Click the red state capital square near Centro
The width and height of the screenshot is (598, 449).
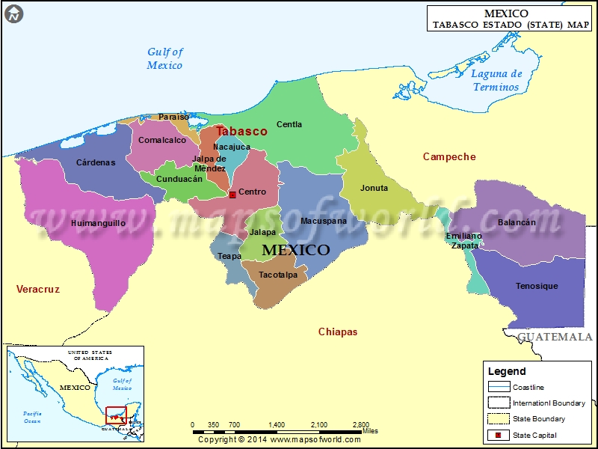[232, 195]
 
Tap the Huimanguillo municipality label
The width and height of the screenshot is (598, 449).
[98, 223]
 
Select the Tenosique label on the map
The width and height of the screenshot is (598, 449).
[537, 286]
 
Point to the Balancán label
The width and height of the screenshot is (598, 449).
[517, 222]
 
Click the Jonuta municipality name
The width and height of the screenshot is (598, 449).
[374, 188]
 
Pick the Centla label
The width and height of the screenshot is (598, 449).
[289, 124]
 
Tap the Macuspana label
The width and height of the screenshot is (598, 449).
[324, 221]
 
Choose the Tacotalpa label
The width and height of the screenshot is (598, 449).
[278, 275]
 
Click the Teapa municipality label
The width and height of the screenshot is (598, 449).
[229, 256]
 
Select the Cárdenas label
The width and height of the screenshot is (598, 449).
[96, 162]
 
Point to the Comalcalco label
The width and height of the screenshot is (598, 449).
[162, 140]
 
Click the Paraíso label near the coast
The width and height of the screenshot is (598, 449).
[174, 117]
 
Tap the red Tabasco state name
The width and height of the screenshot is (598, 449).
[241, 131]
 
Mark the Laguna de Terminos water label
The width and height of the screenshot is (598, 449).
[496, 80]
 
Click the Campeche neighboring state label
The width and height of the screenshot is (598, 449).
[449, 156]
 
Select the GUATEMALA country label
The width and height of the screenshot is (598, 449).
[555, 337]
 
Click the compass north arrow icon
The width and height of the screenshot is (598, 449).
[14, 13]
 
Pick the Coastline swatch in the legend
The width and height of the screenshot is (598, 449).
[499, 387]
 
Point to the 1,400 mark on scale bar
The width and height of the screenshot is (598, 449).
[277, 424]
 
